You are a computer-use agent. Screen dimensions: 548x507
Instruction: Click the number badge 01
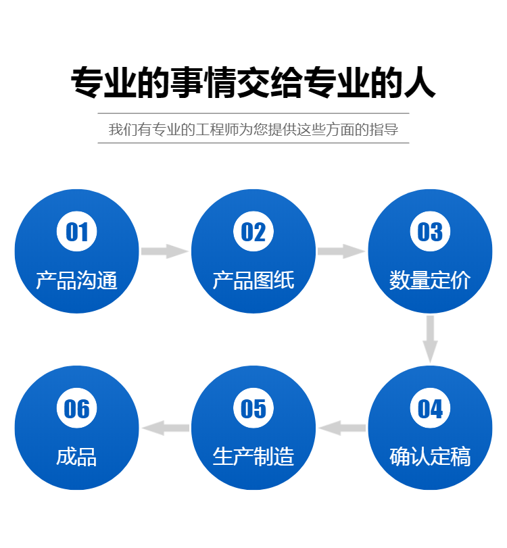tap(76, 232)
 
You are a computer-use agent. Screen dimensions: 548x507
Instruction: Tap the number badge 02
tap(254, 232)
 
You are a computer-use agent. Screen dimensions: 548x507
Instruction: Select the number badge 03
tap(430, 232)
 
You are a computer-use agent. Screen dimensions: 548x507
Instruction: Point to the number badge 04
tap(430, 408)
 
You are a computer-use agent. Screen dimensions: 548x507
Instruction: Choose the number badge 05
tap(254, 408)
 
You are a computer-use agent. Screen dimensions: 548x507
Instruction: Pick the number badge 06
tap(76, 408)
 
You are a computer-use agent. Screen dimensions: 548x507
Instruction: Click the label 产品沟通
tap(76, 280)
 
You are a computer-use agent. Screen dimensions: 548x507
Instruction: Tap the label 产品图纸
tap(254, 280)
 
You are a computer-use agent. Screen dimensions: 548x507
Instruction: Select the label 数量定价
tap(430, 280)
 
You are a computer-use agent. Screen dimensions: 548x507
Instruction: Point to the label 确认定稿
tap(430, 457)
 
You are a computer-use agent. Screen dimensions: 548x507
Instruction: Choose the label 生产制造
tap(254, 457)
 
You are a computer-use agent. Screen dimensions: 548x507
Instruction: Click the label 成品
tap(76, 457)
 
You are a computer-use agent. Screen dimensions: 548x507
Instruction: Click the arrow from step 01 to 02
tap(165, 251)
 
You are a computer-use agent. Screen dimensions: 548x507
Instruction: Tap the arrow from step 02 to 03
tap(341, 251)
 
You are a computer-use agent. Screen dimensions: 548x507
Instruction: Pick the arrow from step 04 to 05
tap(341, 428)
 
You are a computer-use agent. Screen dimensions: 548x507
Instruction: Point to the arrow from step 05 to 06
tap(165, 428)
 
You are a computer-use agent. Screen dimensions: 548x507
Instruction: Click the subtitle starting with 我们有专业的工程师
tap(254, 129)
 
